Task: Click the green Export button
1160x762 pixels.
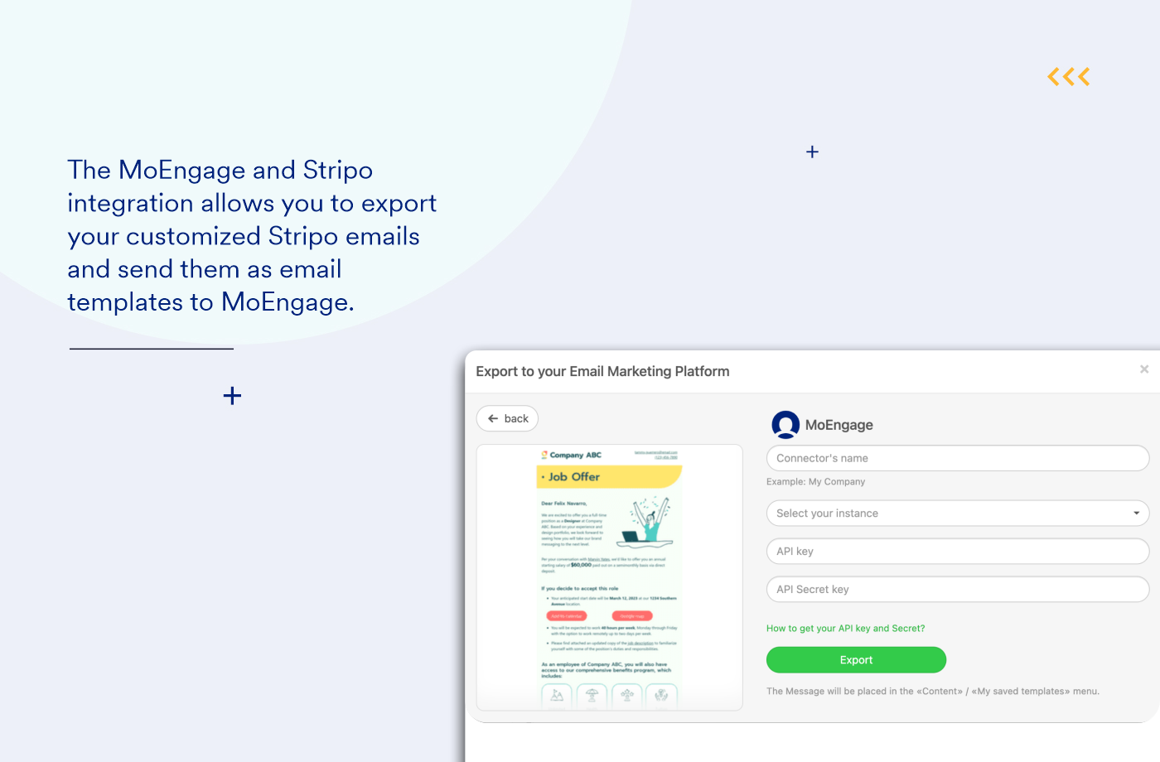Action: coord(856,660)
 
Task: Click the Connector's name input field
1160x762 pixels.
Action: coord(957,458)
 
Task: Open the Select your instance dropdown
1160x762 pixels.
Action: coord(957,514)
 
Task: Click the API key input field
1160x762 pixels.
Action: coord(957,552)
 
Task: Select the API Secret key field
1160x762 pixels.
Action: coord(957,590)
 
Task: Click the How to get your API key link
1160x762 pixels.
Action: coord(845,629)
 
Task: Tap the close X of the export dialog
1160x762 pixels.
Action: coord(1144,369)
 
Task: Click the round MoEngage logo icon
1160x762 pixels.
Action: coord(785,424)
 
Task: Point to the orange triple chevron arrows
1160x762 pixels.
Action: coord(1069,77)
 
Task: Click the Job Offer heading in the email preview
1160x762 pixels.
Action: coord(573,477)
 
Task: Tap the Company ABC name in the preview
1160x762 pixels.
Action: coord(575,455)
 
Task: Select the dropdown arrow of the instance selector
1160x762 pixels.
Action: coord(1136,514)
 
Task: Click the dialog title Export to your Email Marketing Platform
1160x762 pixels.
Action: coord(602,372)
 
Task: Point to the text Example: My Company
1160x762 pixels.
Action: coord(815,482)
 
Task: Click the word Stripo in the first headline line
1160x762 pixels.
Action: coord(338,171)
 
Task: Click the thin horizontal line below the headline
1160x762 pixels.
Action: coord(152,349)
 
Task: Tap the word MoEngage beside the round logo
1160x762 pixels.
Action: coord(839,425)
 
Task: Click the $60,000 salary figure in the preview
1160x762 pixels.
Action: coord(581,565)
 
